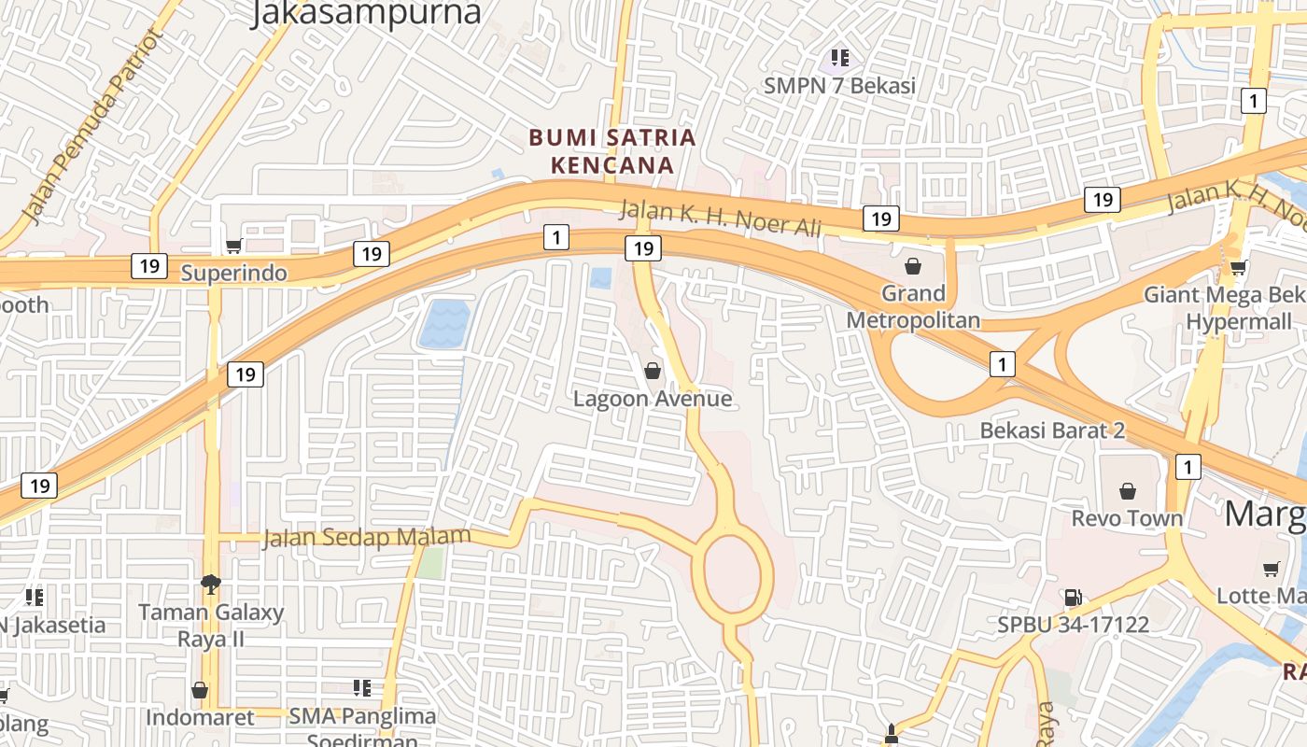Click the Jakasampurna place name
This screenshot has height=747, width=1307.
[x=366, y=13]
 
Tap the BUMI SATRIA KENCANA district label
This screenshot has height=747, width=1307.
[x=612, y=151]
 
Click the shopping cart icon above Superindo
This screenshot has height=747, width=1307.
[x=233, y=246]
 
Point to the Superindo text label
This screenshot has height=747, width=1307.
[x=234, y=274]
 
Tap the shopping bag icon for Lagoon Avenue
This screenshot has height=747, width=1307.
[x=653, y=371]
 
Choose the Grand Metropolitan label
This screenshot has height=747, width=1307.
[x=913, y=306]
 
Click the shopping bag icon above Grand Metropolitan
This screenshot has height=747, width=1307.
[x=913, y=266]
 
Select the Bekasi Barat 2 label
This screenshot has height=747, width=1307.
[x=1052, y=430]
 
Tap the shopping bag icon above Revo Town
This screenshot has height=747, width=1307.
[x=1128, y=490]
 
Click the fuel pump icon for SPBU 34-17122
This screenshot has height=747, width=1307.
[x=1073, y=597]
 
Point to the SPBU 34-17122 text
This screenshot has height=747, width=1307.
[x=1073, y=624]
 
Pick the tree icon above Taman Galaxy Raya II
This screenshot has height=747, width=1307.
[x=211, y=585]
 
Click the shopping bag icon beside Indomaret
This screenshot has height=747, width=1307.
[x=200, y=690]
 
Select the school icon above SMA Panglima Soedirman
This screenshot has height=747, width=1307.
[x=362, y=688]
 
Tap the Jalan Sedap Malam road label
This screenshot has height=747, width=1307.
[x=367, y=538]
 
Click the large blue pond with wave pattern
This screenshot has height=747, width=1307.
[x=443, y=324]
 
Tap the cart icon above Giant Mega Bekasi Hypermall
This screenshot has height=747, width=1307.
[x=1238, y=268]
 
